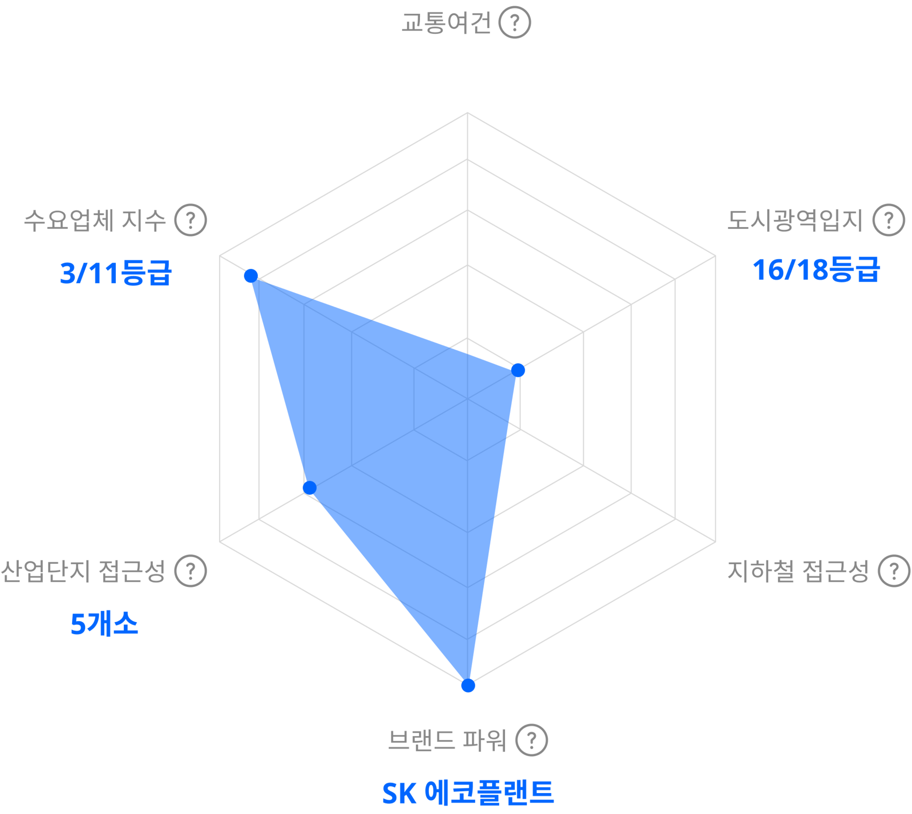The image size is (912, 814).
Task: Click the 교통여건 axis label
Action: [x=446, y=23]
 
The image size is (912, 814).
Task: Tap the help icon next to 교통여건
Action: [x=514, y=22]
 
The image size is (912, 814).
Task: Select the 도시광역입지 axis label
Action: [x=794, y=220]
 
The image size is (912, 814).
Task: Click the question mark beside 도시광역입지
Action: [x=888, y=220]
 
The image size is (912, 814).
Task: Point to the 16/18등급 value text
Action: [x=816, y=270]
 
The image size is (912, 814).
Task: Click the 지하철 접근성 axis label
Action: [x=798, y=571]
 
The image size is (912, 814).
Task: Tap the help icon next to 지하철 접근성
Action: [x=893, y=571]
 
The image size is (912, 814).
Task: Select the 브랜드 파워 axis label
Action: [x=447, y=740]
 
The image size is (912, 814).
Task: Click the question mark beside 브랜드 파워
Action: [x=532, y=740]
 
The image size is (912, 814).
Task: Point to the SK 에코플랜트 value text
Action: [x=468, y=792]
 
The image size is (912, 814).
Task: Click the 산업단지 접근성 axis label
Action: [x=83, y=571]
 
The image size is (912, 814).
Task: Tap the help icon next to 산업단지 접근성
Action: [x=190, y=571]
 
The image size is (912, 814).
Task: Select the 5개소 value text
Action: [x=104, y=624]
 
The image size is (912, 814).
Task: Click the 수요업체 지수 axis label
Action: [x=95, y=220]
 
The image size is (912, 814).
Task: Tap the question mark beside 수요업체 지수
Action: [x=190, y=220]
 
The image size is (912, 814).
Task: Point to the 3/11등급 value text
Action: [x=115, y=273]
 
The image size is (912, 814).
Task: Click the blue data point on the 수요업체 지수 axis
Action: [x=251, y=276]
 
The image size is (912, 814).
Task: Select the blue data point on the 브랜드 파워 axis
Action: [x=468, y=686]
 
